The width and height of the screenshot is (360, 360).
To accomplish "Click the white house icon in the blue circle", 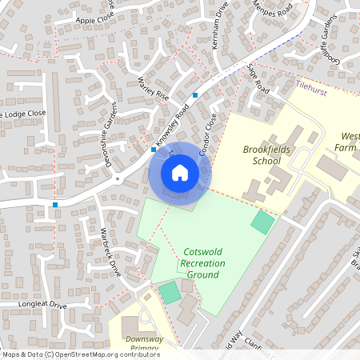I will tap(180, 173).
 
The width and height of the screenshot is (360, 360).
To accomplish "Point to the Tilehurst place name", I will tap(311, 83).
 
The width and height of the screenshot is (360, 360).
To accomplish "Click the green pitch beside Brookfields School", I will tap(262, 222).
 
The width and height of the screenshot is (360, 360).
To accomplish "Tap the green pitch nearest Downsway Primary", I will tap(169, 292).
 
